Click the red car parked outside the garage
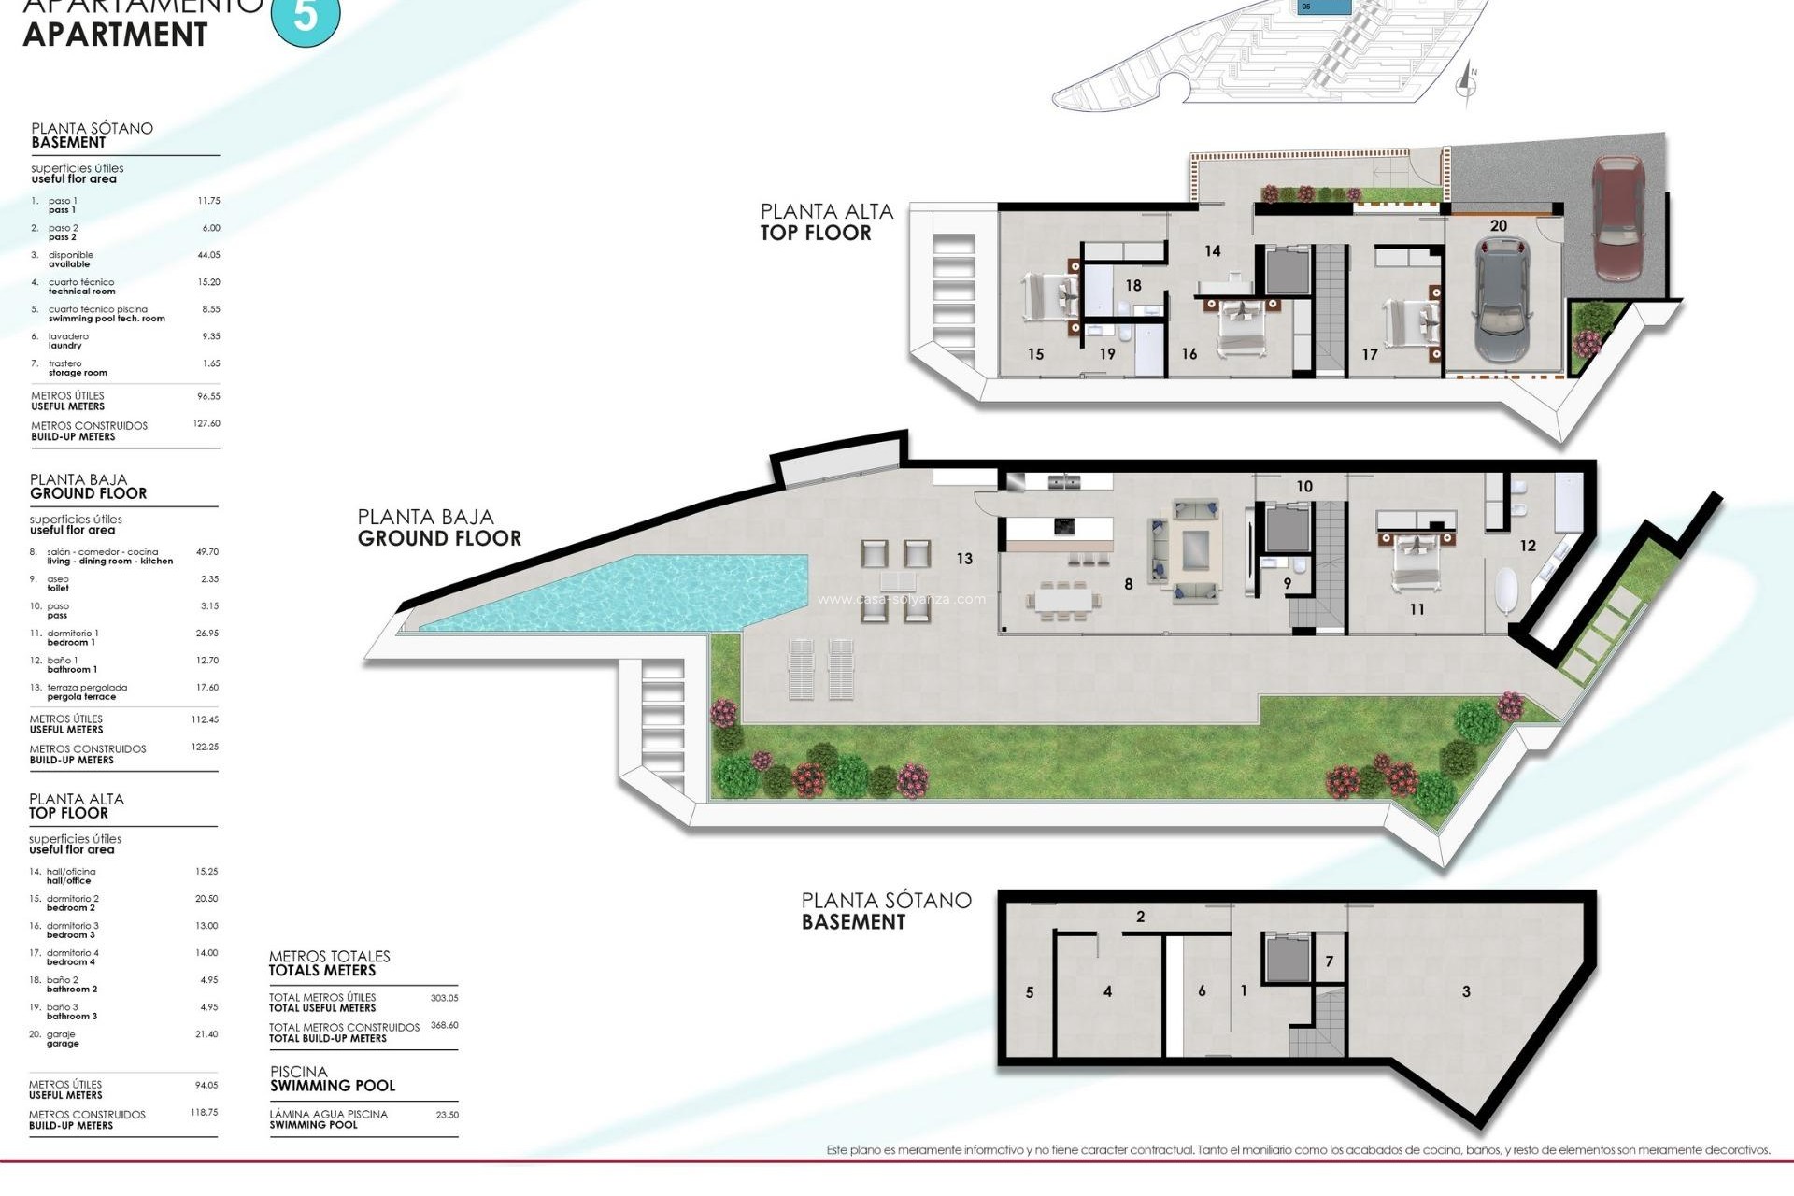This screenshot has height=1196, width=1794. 1617,218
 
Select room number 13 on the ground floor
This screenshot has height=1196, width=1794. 964,559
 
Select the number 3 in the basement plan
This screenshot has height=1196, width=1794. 1466,991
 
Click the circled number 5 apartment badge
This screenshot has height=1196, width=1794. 306,16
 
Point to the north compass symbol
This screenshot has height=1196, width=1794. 1465,84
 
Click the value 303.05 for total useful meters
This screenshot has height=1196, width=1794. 444,998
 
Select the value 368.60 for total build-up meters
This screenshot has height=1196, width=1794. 444,1025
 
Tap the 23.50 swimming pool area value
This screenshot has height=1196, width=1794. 447,1115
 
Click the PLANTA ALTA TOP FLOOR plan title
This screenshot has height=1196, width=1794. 825,222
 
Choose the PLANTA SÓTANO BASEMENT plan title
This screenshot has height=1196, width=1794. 886,911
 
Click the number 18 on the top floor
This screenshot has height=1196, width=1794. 1133,285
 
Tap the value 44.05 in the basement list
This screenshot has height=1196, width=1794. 208,255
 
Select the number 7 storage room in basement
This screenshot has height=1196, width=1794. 1329,961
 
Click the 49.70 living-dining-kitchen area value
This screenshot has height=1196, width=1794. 206,552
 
